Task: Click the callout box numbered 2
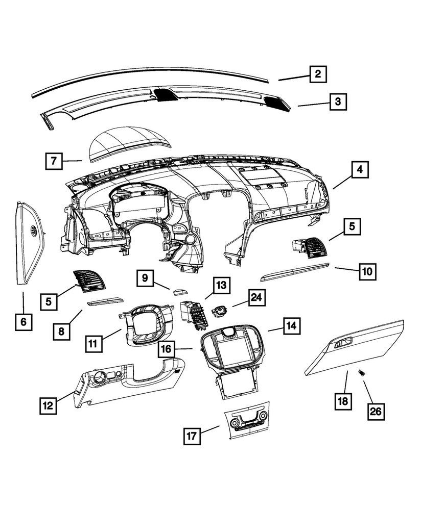pos(317,74)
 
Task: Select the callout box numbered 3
pos(337,101)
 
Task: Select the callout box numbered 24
pos(258,298)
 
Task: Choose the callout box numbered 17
pos(192,436)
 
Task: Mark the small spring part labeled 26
pos(362,373)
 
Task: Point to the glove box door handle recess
pos(343,343)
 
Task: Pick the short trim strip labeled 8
pos(105,302)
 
